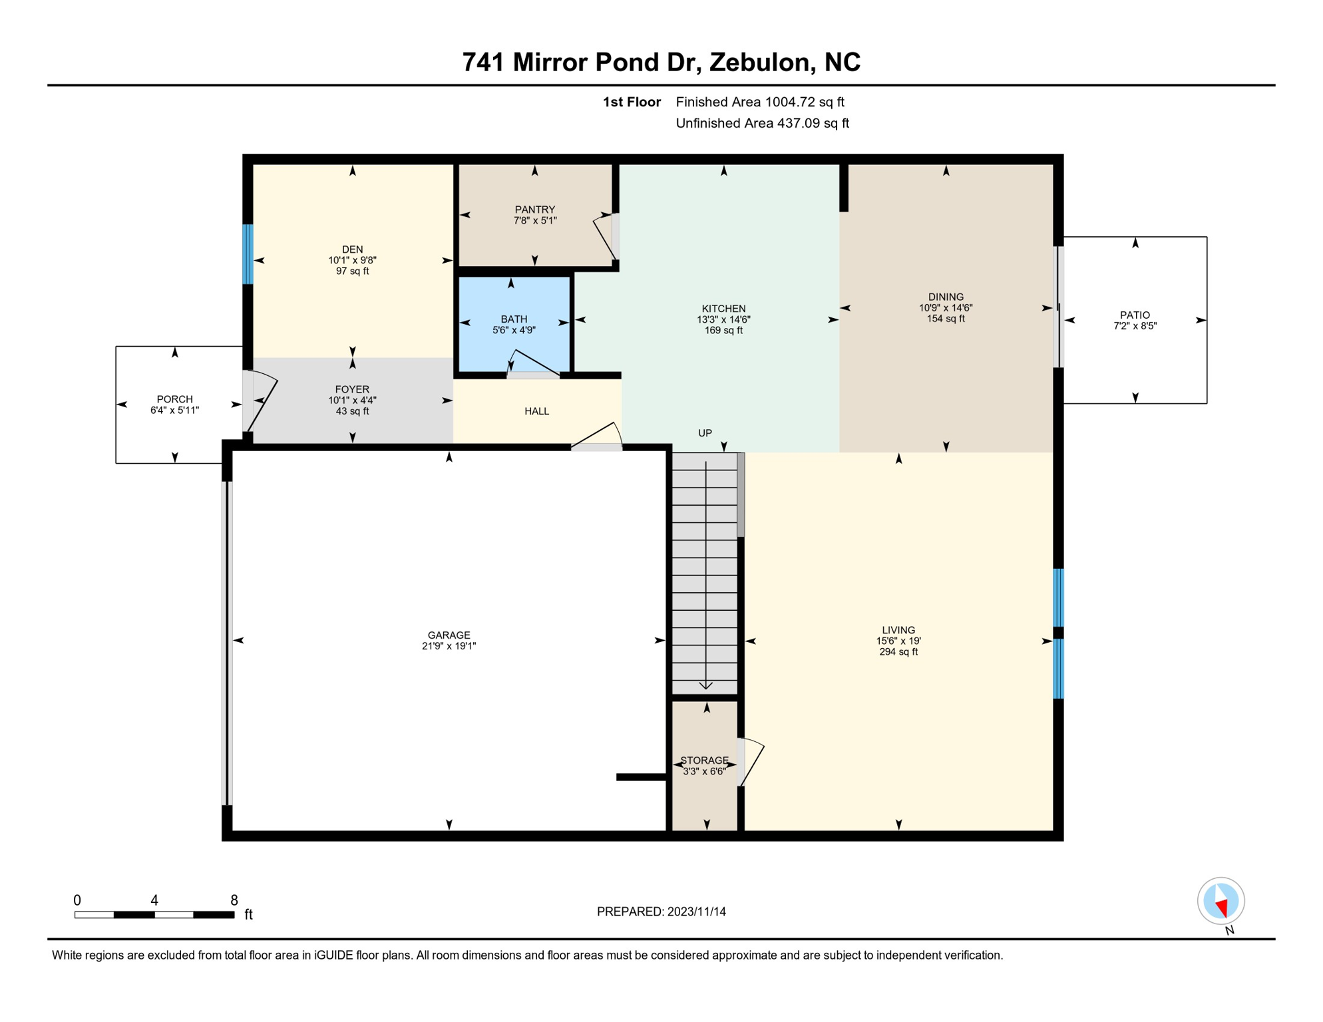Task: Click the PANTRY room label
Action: click(x=534, y=210)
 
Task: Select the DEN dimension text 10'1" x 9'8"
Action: click(x=352, y=260)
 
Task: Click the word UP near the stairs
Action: click(x=705, y=433)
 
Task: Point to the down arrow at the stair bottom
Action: click(x=705, y=685)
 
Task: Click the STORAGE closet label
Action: click(x=704, y=761)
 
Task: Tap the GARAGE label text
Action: click(x=449, y=635)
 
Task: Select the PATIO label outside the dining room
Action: click(x=1135, y=315)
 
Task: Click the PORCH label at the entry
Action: click(x=174, y=399)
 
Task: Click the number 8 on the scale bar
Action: click(x=234, y=900)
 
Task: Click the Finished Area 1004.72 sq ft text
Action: click(x=759, y=102)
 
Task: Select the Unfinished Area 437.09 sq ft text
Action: click(x=762, y=123)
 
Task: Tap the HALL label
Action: click(x=536, y=411)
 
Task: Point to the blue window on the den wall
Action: click(x=248, y=254)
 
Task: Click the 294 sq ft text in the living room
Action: click(x=898, y=652)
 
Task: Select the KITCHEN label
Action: click(x=723, y=309)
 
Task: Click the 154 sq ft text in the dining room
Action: click(x=945, y=319)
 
